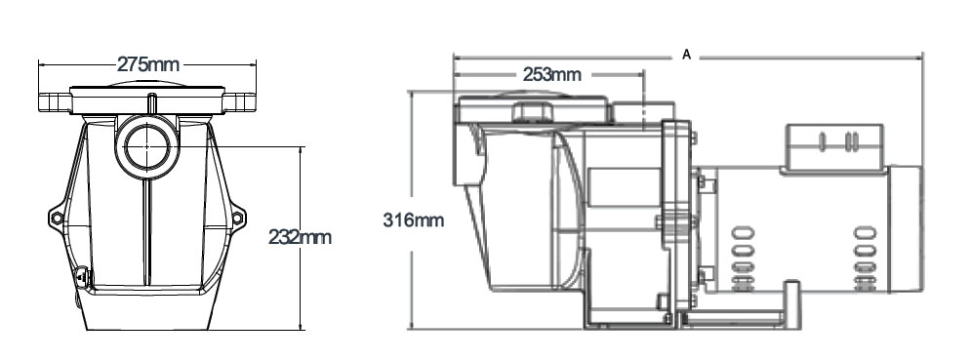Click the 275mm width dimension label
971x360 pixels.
point(148,63)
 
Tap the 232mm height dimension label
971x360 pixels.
point(300,237)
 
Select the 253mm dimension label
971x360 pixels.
point(552,75)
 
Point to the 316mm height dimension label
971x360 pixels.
point(414,220)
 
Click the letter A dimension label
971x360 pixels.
point(686,56)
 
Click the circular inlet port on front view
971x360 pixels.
point(146,146)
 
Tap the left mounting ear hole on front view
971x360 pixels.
point(57,218)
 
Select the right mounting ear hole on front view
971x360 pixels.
point(237,218)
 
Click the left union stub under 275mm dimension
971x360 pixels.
point(55,102)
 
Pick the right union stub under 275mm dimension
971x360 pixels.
point(240,102)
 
